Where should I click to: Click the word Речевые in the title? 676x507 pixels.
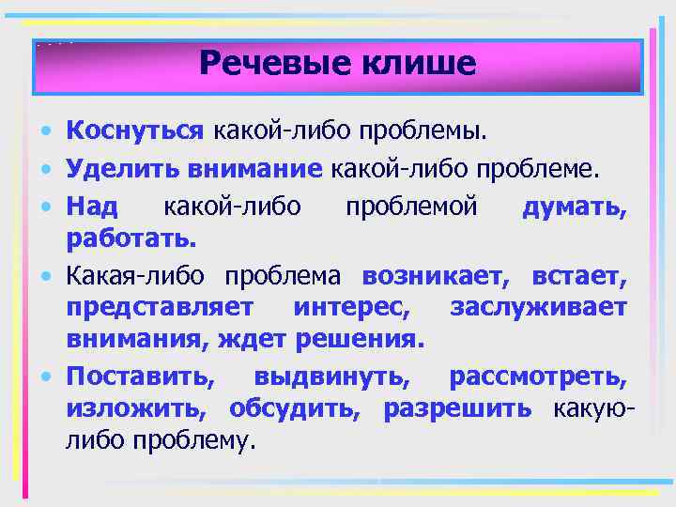pyautogui.click(x=269, y=64)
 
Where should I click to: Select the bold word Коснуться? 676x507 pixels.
pyautogui.click(x=135, y=129)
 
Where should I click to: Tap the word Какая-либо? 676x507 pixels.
pyautogui.click(x=136, y=278)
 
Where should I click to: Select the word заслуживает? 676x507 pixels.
pyautogui.click(x=538, y=307)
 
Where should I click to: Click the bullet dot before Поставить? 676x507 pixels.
pyautogui.click(x=46, y=376)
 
